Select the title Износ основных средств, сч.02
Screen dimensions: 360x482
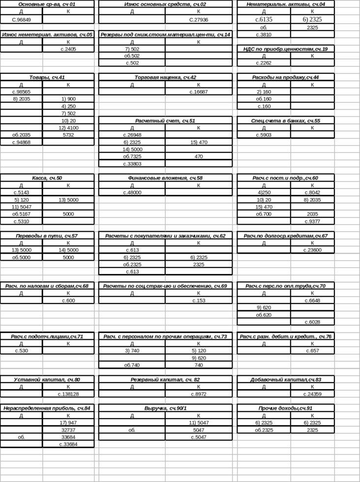[165, 4]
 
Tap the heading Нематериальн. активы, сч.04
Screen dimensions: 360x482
[285, 4]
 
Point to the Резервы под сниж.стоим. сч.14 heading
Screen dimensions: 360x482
[165, 34]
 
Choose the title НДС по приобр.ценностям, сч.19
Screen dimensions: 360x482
[285, 49]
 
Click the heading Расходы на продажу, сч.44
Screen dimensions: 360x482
[285, 77]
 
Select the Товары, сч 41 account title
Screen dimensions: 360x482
[47, 78]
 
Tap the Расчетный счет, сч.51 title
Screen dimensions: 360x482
[165, 120]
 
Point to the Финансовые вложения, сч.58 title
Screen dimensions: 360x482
[165, 178]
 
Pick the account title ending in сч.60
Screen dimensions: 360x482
[285, 178]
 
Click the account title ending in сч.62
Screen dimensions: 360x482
[165, 236]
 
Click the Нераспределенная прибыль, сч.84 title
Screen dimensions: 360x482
[47, 408]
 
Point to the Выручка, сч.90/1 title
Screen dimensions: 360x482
[165, 408]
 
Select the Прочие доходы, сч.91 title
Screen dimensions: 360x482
[285, 408]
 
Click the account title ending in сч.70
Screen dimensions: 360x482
[285, 286]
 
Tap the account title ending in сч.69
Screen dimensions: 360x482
[47, 286]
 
